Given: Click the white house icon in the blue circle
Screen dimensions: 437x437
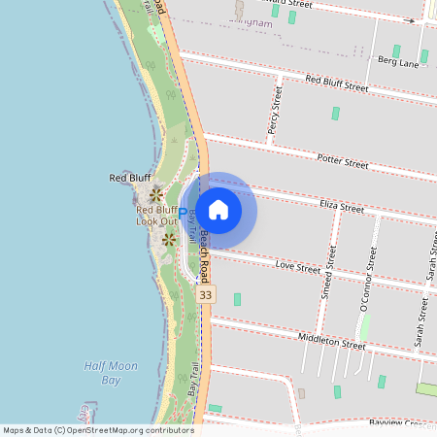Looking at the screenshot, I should pos(218,210).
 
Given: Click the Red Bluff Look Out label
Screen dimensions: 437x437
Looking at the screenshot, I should pos(156,216).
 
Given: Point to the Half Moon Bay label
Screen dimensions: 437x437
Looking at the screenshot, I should pos(111,373).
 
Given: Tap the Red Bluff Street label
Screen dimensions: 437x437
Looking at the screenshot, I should pos(336,83).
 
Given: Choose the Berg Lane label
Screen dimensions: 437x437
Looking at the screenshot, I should pos(396,63).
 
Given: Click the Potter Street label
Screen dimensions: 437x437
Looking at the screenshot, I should pos(342,161).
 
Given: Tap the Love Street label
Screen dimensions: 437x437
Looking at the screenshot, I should pos(297,264).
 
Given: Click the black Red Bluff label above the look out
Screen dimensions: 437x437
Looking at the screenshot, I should pos(129,179).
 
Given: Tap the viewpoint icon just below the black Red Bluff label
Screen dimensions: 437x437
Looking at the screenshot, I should pos(156,195).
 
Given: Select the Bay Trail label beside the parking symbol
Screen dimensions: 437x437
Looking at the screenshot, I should pos(193,223).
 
